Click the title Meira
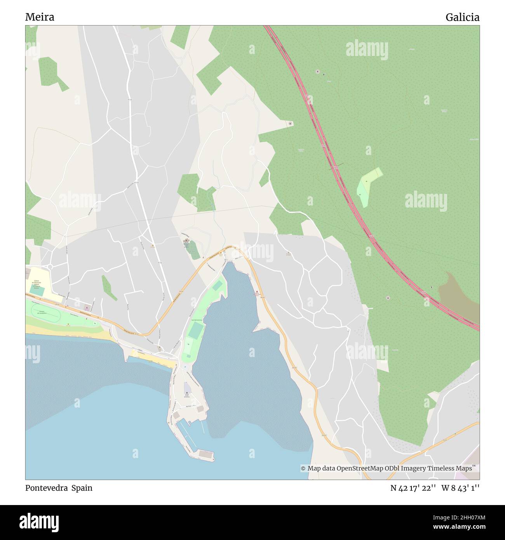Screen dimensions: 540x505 [x=40, y=17]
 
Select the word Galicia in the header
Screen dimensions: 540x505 [x=462, y=17]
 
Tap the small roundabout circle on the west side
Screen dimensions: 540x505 [x=50, y=267]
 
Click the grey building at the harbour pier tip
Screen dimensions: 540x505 [x=206, y=454]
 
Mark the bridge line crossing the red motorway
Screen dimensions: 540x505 [x=336, y=166]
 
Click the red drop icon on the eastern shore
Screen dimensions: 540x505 [x=257, y=292]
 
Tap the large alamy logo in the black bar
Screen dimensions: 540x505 [x=39, y=522]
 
